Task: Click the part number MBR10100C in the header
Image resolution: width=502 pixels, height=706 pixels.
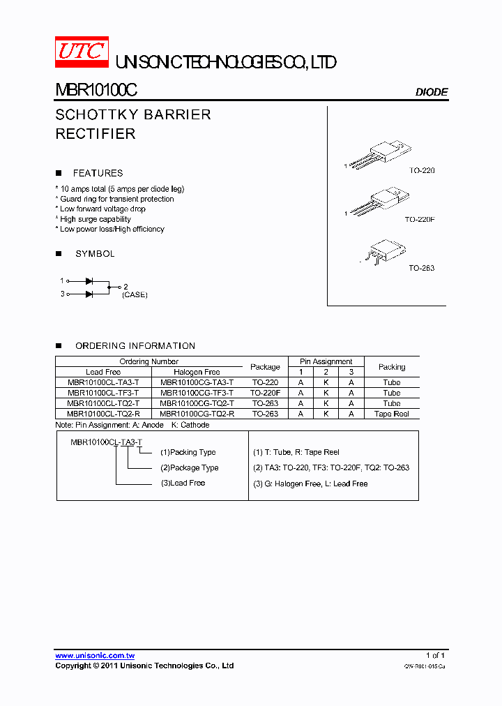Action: [96, 91]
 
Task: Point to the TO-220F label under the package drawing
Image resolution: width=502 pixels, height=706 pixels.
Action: [419, 219]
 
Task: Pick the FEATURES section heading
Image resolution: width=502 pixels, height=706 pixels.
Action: [98, 173]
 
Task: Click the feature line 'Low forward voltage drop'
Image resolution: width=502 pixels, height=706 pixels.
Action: [102, 209]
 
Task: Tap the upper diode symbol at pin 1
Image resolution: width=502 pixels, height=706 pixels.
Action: [89, 280]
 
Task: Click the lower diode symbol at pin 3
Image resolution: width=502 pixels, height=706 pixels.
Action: [89, 294]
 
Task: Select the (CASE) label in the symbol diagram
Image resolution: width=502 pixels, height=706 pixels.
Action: [135, 295]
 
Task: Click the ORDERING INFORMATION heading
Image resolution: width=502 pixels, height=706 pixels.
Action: [135, 345]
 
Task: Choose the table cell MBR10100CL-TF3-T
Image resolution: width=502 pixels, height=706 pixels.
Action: [103, 393]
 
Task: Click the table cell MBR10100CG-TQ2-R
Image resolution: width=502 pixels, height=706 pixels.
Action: [197, 414]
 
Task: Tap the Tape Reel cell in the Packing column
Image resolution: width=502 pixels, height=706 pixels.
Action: [391, 414]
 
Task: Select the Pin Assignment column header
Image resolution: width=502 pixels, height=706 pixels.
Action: [326, 361]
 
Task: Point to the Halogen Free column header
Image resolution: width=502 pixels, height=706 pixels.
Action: [197, 372]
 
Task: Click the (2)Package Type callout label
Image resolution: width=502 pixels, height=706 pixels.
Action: [189, 467]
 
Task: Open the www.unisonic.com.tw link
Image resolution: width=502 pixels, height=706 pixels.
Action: [95, 656]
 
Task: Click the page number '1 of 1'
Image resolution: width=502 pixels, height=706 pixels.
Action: [435, 656]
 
